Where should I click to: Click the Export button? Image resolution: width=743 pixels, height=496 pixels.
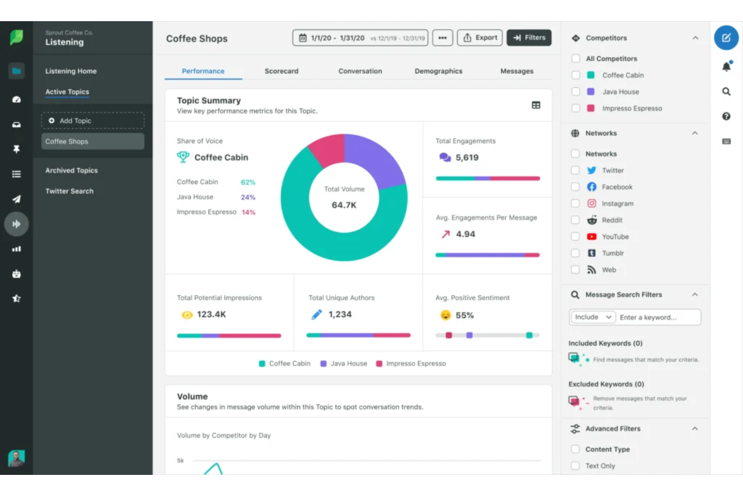479,38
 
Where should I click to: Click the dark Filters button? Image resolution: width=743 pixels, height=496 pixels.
529,38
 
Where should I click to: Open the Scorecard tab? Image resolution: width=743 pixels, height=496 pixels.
281,71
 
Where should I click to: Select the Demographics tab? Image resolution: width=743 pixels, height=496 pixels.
438,71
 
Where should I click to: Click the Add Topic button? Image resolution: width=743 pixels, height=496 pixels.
92,121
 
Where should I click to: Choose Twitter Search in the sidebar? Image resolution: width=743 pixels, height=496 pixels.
69,191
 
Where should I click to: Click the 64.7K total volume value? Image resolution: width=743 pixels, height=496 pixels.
344,205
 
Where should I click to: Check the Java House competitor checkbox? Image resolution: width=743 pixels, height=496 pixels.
576,92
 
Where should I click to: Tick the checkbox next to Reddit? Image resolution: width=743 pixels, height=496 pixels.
575,220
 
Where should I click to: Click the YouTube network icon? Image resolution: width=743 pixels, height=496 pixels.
592,237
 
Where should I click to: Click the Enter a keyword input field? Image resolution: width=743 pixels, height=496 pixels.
659,318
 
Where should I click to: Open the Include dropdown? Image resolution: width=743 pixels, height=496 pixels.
593,317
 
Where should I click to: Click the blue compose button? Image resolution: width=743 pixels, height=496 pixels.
726,38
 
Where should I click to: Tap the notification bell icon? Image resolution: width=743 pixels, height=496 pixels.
726,66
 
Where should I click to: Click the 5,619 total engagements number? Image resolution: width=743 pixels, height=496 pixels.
467,158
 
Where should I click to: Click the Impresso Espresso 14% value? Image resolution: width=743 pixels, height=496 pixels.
249,213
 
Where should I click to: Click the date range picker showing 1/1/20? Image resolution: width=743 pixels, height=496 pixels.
360,38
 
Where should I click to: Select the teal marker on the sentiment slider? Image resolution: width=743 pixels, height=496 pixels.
529,335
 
